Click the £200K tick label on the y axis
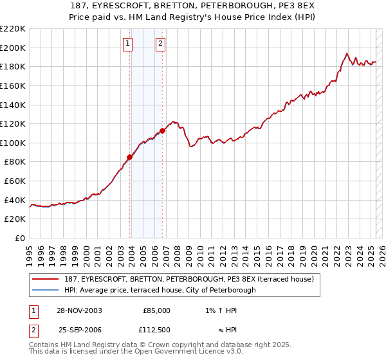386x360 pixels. [13, 48]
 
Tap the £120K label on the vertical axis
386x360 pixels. [13, 123]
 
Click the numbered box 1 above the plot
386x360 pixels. [128, 44]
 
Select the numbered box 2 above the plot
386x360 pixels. [160, 44]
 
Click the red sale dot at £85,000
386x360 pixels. [130, 157]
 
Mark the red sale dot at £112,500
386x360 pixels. [162, 130]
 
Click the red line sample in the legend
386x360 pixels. [46, 279]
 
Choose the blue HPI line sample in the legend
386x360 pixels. [46, 290]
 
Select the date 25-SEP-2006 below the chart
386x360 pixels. [80, 329]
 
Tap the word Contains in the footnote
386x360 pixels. [44, 345]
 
